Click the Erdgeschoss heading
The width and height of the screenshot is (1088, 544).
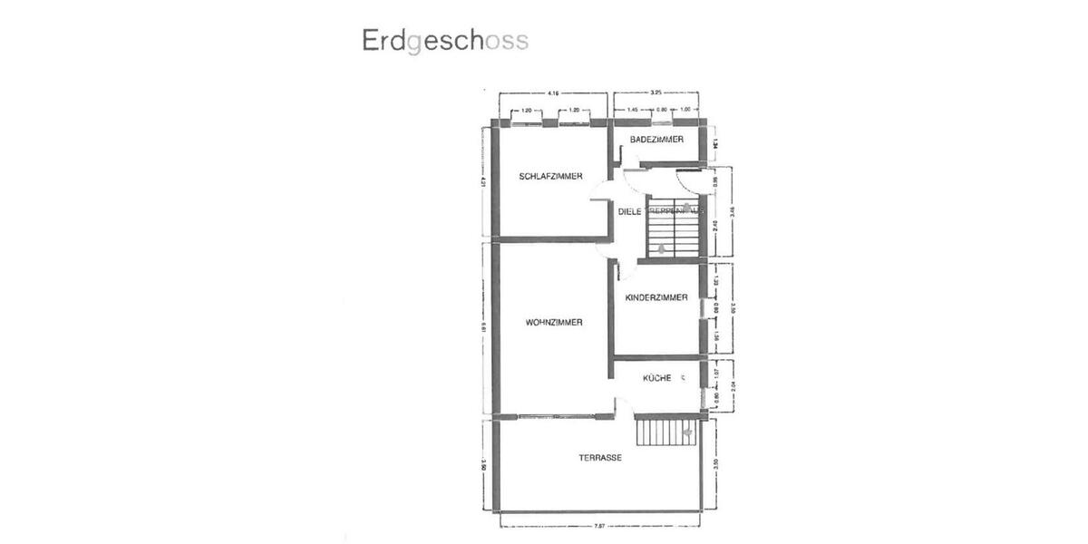[x=444, y=42]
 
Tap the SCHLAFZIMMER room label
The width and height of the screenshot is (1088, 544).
[x=550, y=176]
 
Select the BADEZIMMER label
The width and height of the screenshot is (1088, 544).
[x=656, y=139]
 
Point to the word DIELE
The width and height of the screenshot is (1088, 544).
[x=629, y=211]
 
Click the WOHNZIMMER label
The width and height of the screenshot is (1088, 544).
[x=553, y=322]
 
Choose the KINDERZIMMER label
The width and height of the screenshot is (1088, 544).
[x=656, y=296]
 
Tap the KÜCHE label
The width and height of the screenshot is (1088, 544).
[x=656, y=377]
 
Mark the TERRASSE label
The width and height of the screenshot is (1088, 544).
[x=600, y=458]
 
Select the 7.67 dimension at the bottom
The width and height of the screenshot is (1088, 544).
[x=599, y=525]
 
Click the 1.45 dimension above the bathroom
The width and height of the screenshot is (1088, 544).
[x=634, y=110]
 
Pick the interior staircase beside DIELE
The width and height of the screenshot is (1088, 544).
[x=672, y=227]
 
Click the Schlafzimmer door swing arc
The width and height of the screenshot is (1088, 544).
[x=598, y=190]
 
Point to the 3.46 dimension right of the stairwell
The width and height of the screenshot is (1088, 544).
[x=731, y=215]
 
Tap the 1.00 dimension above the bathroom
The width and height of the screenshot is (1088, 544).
[x=685, y=110]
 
